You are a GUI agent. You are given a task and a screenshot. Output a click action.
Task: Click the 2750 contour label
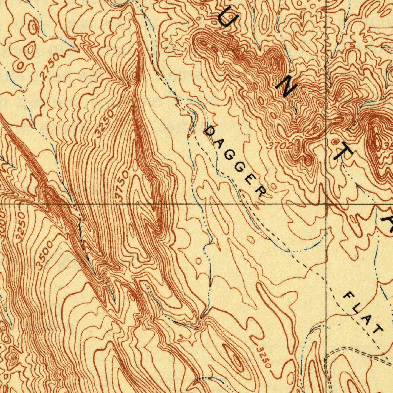point(50,67)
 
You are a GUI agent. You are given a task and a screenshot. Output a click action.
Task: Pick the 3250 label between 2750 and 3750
point(104,123)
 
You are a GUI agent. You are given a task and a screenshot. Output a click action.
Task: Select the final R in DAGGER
point(261,191)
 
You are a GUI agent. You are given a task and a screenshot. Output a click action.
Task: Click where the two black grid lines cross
point(326,204)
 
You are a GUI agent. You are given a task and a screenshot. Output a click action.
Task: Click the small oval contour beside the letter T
point(335,142)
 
